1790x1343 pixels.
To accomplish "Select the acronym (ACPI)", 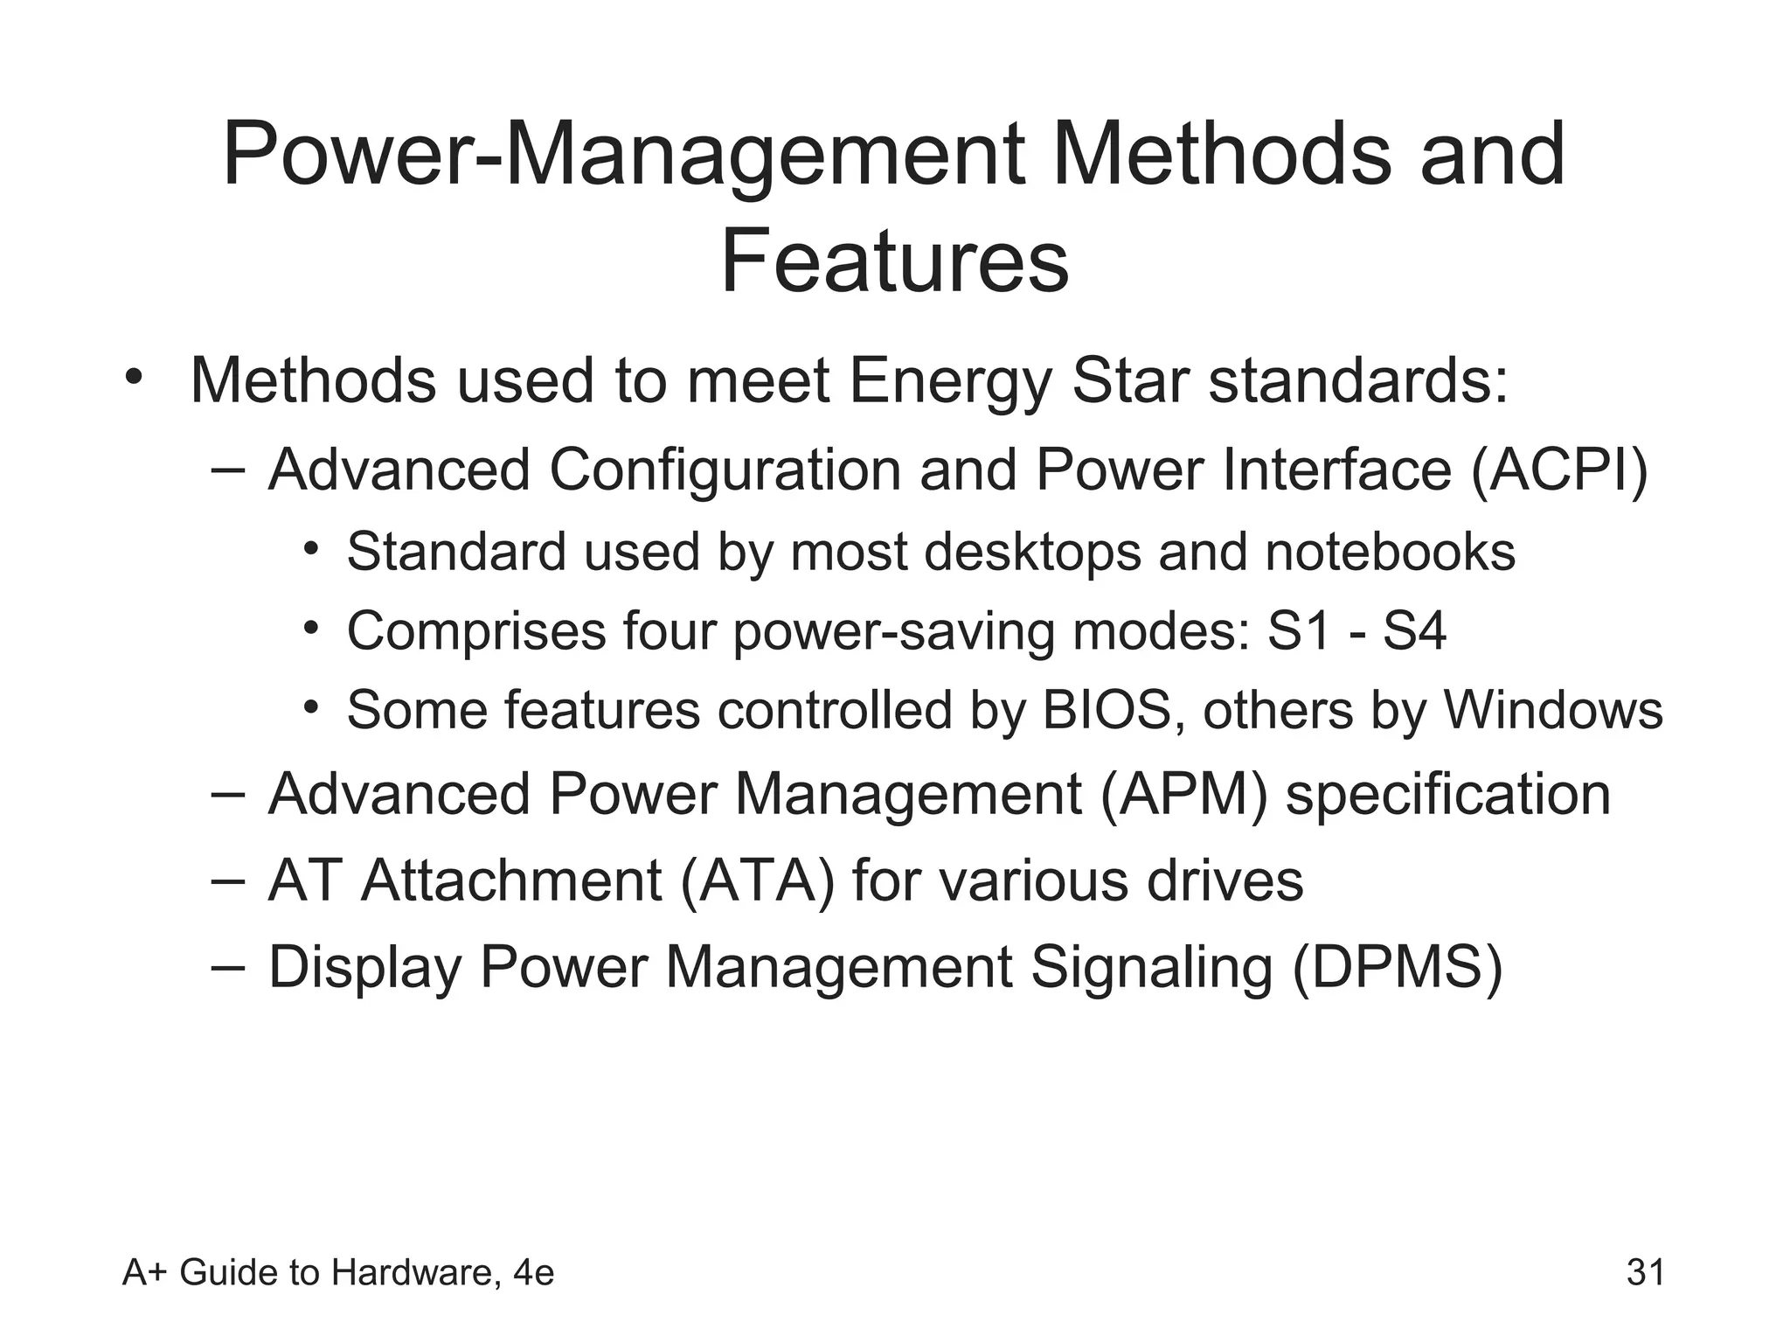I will (1560, 470).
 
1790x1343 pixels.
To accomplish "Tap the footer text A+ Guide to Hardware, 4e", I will (338, 1272).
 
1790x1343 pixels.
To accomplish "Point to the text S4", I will (1414, 630).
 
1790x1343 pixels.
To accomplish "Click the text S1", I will (1299, 630).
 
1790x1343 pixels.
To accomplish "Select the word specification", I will (1447, 794).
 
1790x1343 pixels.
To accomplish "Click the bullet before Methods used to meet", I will (133, 378).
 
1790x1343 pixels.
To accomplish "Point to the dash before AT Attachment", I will (226, 880).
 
